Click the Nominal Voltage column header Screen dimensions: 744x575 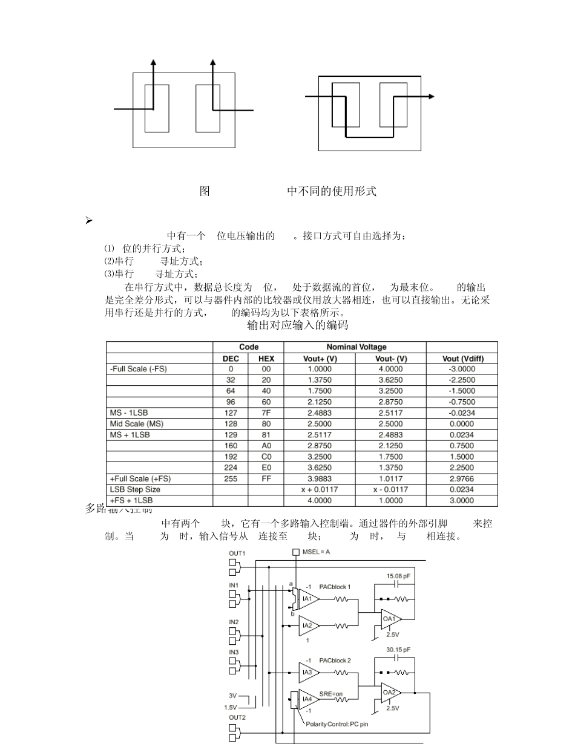click(356, 347)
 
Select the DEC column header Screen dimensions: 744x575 click(230, 358)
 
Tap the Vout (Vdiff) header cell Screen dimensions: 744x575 click(462, 358)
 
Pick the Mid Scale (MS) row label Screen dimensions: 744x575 click(137, 423)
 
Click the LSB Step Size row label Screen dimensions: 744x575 click(135, 489)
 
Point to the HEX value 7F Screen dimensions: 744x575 click(266, 413)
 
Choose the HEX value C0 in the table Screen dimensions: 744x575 click(266, 457)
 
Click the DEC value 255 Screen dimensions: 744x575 click(230, 478)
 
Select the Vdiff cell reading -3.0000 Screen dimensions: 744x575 click(462, 369)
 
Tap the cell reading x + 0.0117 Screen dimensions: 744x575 click(320, 489)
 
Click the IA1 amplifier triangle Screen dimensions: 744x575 click(307, 599)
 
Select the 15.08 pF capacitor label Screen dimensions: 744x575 click(398, 576)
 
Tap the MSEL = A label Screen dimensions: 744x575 click(315, 552)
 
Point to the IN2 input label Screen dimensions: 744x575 click(234, 622)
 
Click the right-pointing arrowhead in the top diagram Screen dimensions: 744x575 click(430, 96)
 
